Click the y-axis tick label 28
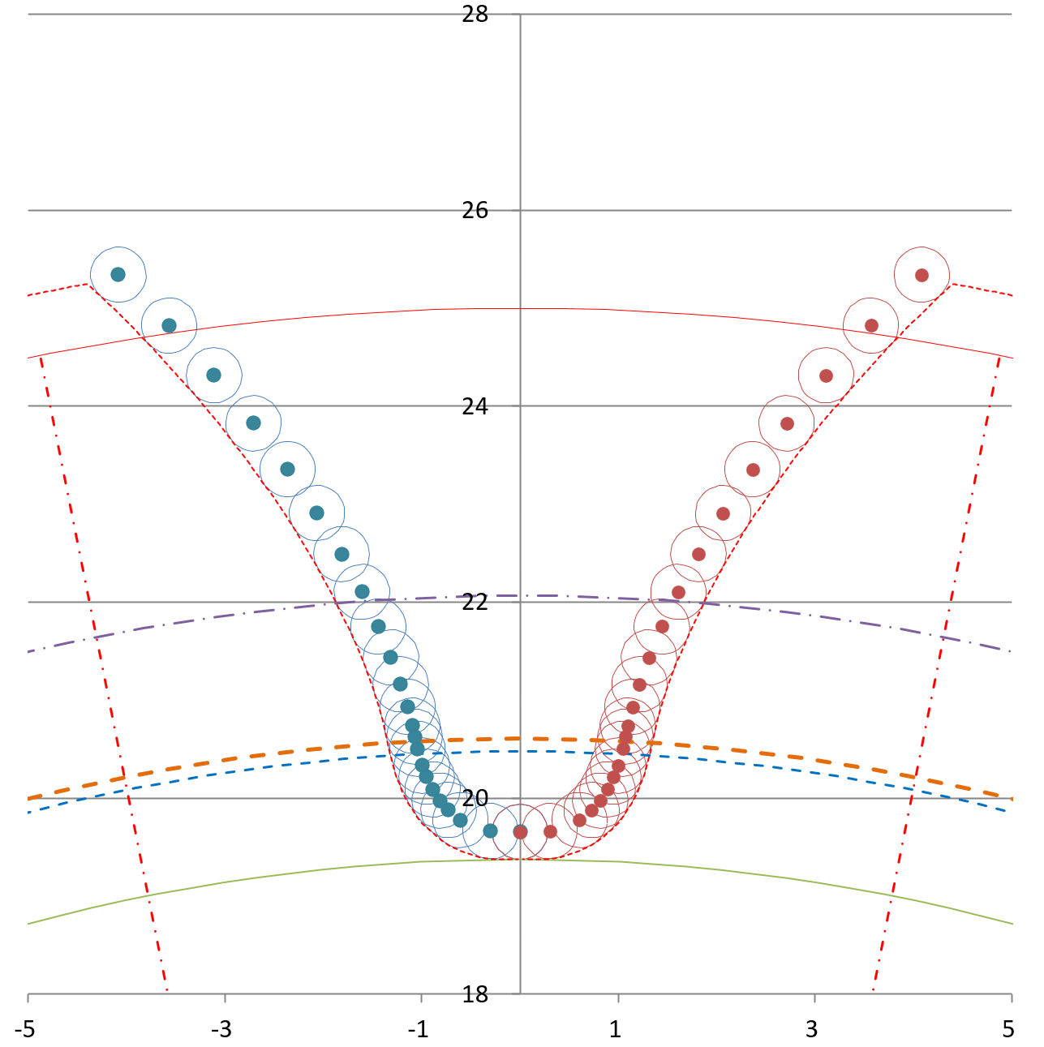475,14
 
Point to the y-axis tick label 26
475,210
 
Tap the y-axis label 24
475,406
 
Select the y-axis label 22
475,602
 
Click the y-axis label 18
475,994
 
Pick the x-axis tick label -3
221,1030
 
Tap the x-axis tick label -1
418,1030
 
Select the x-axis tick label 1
616,1030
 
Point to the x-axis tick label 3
812,1030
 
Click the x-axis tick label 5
1008,1030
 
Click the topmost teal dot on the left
118,274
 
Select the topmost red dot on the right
922,275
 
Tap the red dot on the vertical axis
521,831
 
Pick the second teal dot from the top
169,325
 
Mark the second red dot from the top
871,325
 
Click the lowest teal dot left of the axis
490,830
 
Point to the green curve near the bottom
243,878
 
